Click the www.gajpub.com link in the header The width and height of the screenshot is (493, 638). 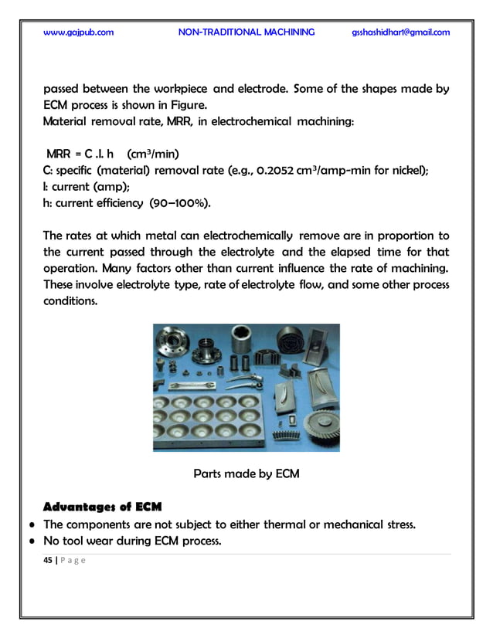coord(79,32)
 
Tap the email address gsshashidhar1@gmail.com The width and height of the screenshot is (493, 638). coord(399,32)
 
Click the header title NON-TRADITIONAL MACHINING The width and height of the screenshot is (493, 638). coord(246,32)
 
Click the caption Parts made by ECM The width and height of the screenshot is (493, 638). coord(246,473)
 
